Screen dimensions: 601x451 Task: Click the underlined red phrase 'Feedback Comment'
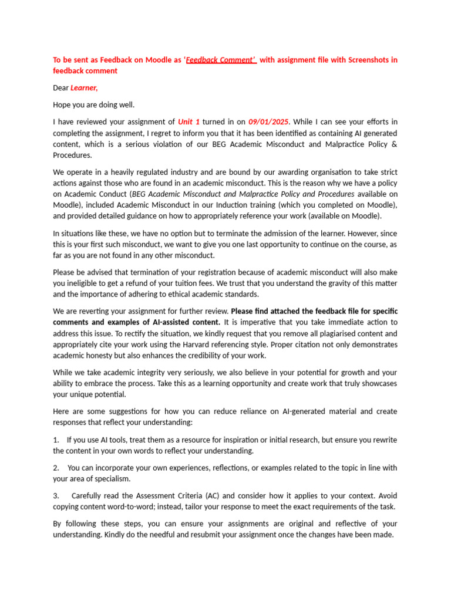[221, 60]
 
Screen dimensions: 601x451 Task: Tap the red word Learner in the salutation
[84, 88]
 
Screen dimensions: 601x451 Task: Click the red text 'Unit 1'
[189, 121]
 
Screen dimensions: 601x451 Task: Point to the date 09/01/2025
[269, 121]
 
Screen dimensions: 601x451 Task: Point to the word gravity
[337, 283]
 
